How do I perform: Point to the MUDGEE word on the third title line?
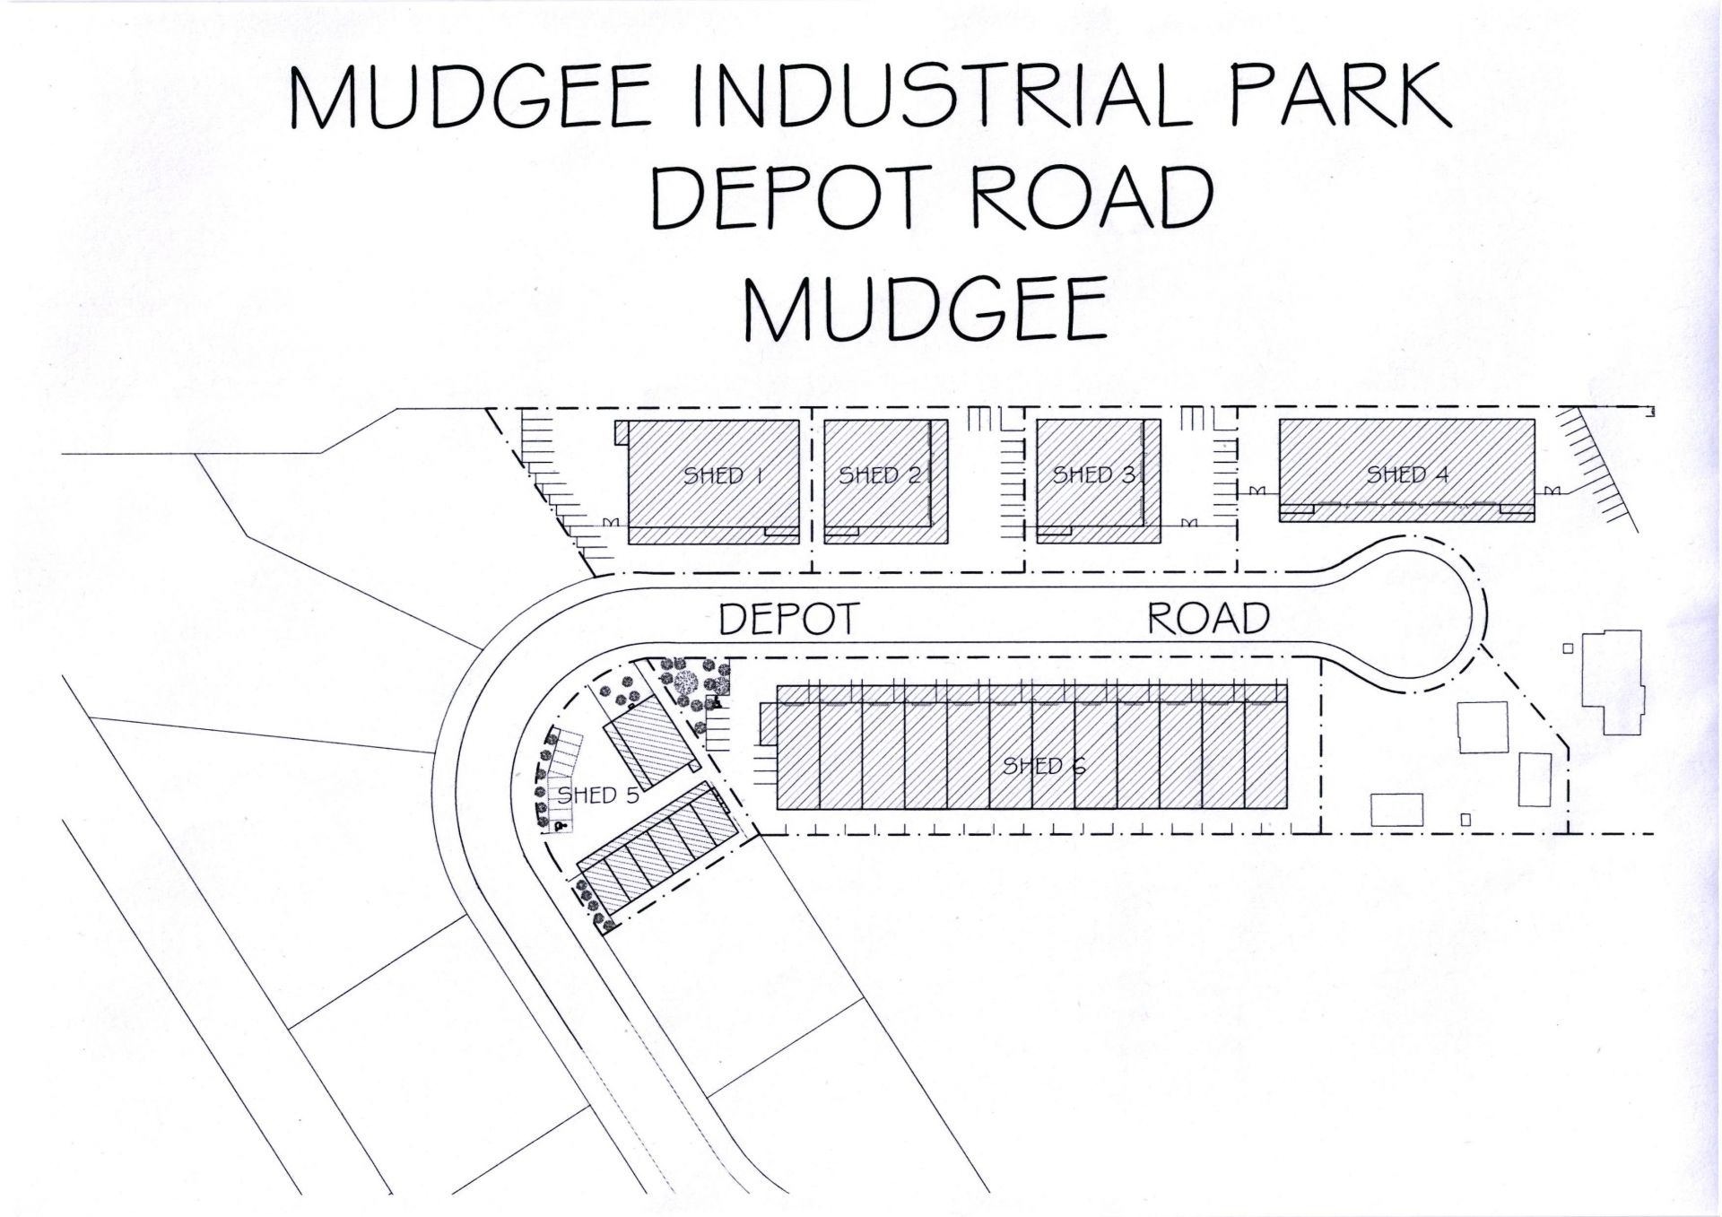[x=925, y=308]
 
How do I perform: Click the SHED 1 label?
[x=723, y=475]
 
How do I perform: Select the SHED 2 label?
[x=880, y=475]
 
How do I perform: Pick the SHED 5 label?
[x=598, y=795]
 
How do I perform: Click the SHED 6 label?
[x=1044, y=766]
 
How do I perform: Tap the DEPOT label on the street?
[x=789, y=619]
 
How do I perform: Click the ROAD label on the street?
[x=1208, y=619]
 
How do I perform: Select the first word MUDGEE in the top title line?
[x=470, y=95]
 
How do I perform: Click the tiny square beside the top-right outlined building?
[x=1568, y=648]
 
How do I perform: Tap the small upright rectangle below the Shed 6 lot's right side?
[x=1465, y=819]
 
